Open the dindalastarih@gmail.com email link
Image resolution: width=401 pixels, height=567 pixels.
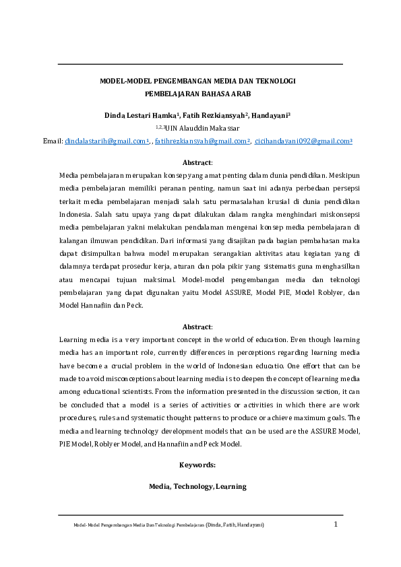click(106, 141)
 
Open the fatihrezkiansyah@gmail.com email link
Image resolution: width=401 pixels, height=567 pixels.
click(202, 141)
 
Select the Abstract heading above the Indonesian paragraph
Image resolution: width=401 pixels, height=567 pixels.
click(197, 162)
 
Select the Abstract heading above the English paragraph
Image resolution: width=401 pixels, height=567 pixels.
click(197, 327)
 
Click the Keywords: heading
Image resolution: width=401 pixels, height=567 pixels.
click(197, 465)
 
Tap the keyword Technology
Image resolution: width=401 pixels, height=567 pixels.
click(193, 486)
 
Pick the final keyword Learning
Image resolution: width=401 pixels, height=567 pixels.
click(230, 486)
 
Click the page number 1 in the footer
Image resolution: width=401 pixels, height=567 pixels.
click(335, 523)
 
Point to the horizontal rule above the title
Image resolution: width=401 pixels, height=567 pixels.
click(200, 64)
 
